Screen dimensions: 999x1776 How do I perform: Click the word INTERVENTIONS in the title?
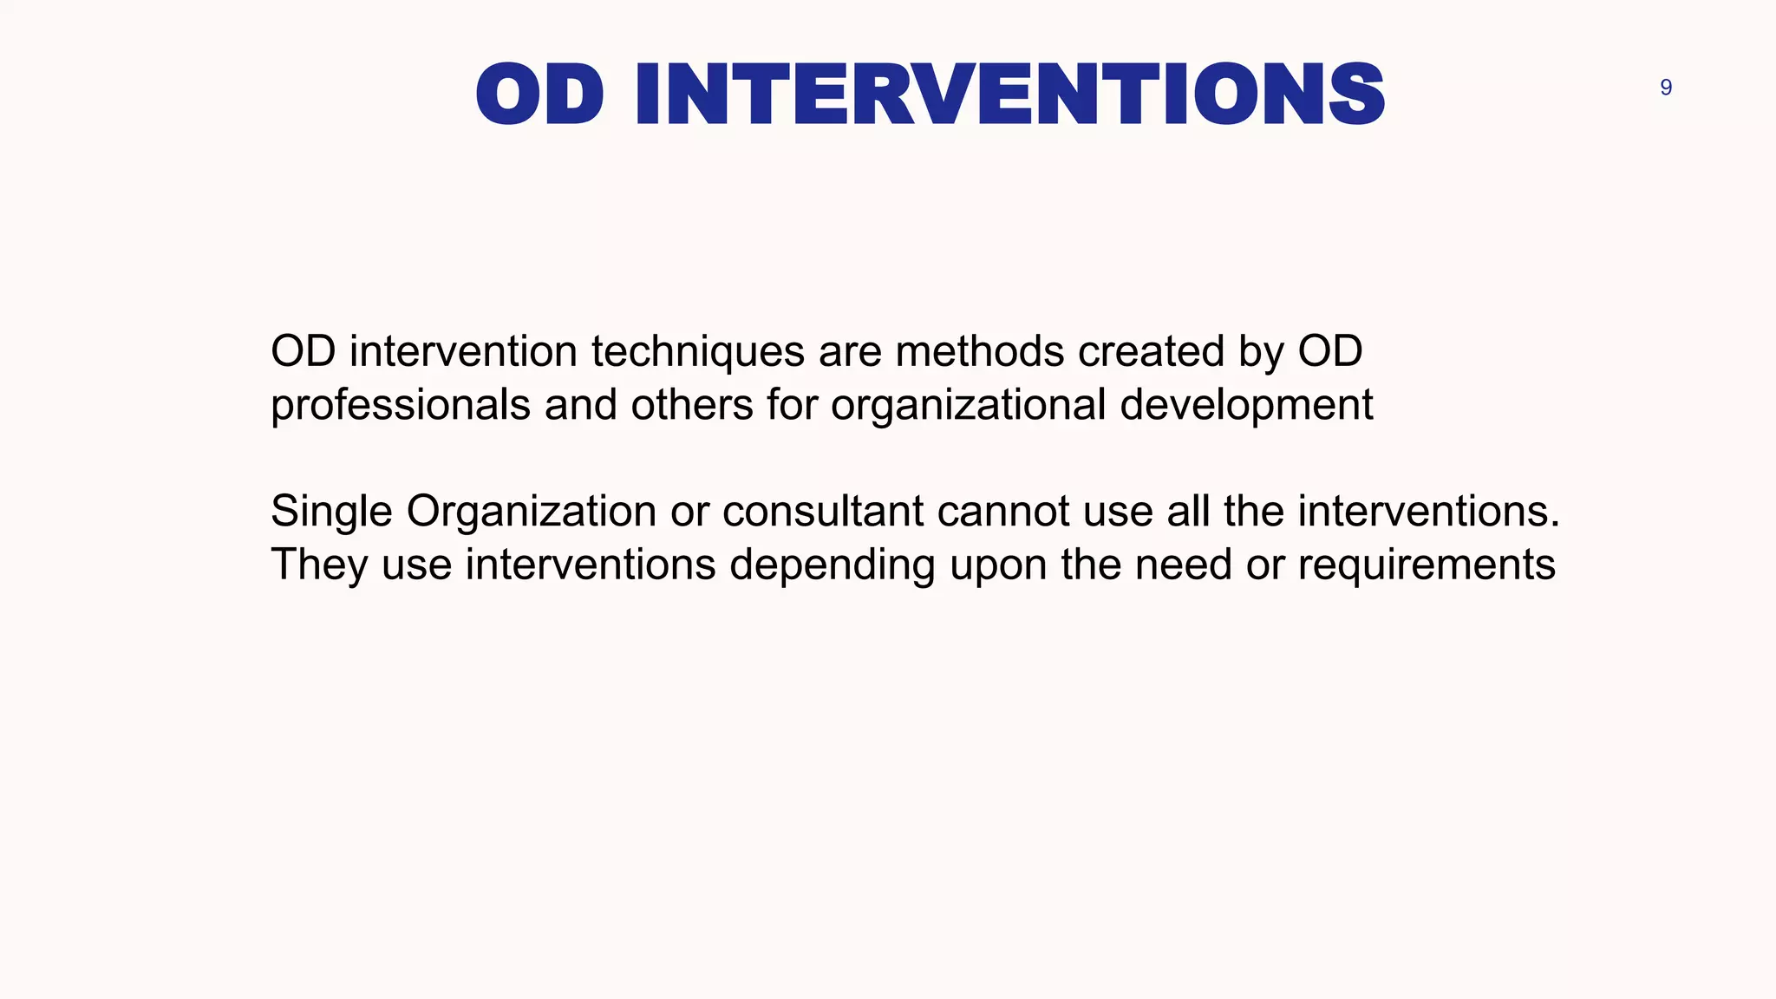[x=1009, y=95]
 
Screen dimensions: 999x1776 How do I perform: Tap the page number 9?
[x=1666, y=88]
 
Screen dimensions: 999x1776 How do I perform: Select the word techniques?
[x=698, y=352]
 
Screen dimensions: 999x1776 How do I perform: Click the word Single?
[x=331, y=512]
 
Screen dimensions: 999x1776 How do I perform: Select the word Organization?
[x=532, y=512]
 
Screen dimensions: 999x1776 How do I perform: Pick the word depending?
[x=832, y=565]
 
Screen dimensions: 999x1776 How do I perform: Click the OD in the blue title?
[x=539, y=95]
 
